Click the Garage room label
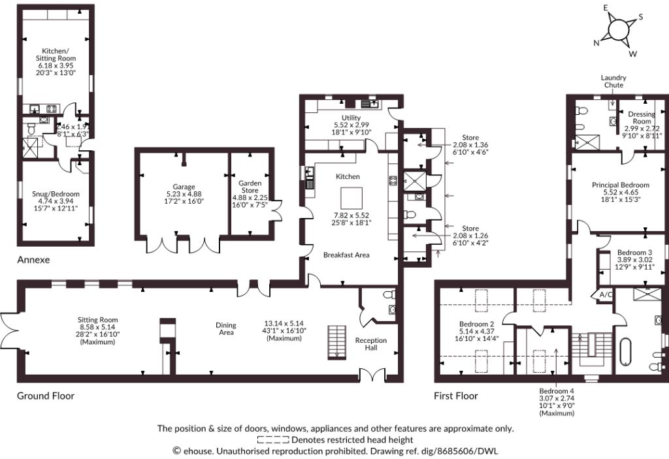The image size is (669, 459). [184, 187]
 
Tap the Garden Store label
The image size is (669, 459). [250, 187]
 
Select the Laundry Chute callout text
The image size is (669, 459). [613, 81]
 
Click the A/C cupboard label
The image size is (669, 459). [606, 294]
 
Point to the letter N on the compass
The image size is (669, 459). [596, 42]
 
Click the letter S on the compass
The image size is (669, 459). [640, 17]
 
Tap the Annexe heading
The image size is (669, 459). [33, 259]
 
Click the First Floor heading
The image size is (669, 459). [455, 396]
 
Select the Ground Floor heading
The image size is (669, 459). [46, 396]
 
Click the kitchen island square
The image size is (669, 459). [351, 198]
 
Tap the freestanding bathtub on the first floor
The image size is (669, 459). [625, 351]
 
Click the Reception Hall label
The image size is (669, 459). [371, 344]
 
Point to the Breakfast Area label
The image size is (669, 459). [346, 255]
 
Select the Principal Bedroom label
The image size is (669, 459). [621, 185]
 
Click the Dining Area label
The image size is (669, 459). [226, 328]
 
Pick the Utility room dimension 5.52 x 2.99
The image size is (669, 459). [351, 125]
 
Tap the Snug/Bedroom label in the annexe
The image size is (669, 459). [56, 194]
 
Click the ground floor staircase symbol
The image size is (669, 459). [337, 343]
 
